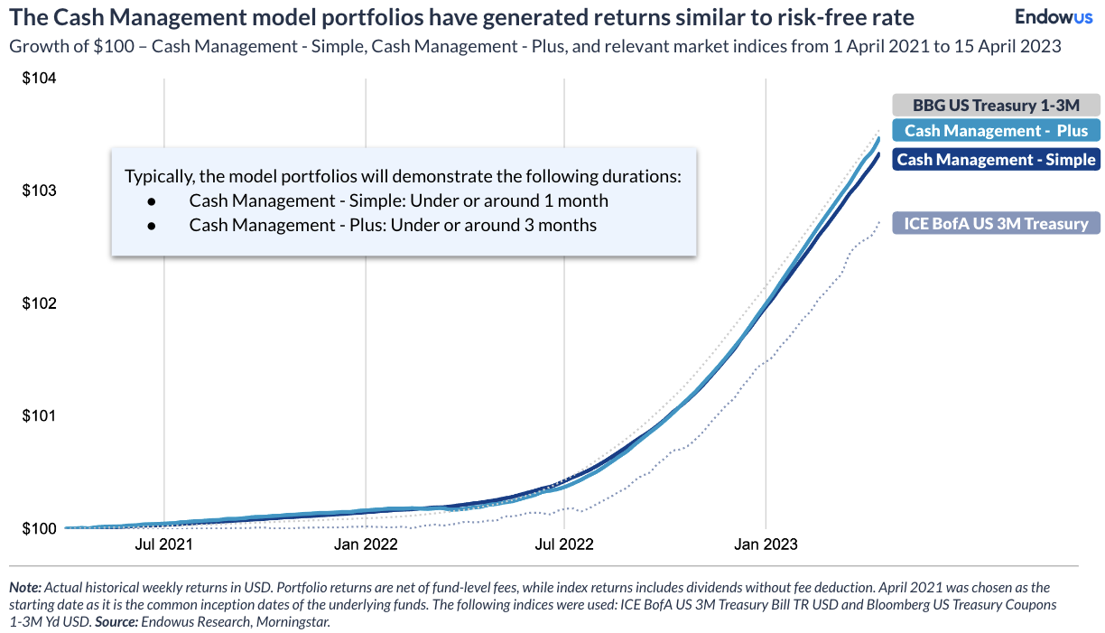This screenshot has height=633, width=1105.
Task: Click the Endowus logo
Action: coord(1054,16)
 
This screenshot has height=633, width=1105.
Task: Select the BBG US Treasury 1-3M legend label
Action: coord(996,105)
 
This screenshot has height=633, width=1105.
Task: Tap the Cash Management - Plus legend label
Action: coord(996,131)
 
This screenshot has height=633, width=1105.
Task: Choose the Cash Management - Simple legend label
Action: coord(996,160)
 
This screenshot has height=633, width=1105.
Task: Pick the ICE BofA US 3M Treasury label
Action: coord(996,223)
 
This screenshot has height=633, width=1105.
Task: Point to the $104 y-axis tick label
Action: coord(39,79)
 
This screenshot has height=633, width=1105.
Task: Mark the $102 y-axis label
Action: coord(39,303)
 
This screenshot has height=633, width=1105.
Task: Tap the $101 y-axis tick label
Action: coord(39,416)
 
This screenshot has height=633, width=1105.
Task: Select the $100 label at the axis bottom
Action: coord(39,528)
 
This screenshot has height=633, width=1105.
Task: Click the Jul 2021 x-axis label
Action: coord(163,545)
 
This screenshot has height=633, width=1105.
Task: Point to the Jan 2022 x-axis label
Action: coord(364,545)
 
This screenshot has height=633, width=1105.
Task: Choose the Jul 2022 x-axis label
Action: coord(564,545)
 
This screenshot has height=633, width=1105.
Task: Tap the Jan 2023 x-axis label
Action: coord(766,545)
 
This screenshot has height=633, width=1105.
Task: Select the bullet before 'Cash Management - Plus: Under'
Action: coord(152,225)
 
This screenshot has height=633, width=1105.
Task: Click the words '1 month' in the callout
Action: coord(578,200)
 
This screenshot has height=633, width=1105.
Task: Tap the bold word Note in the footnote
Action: coord(24,587)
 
